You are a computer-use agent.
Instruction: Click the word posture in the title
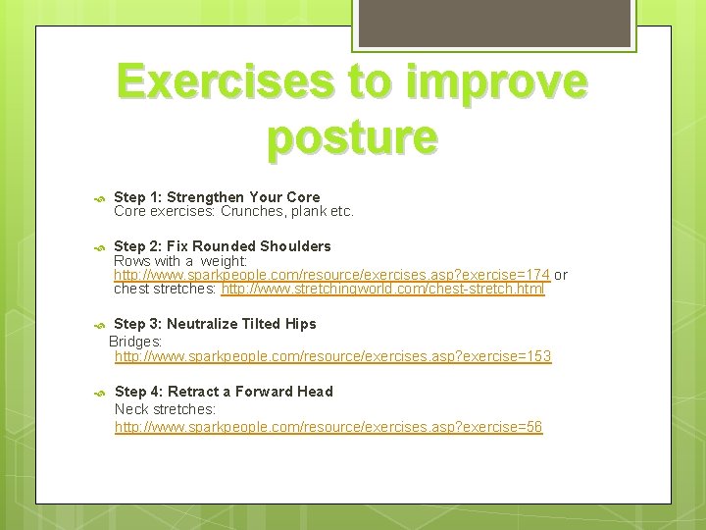click(352, 137)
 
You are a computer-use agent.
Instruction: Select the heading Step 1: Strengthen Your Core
click(217, 196)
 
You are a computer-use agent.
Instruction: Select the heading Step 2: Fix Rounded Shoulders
click(223, 245)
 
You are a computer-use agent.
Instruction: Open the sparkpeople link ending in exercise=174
click(331, 275)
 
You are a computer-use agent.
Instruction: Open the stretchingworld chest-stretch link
click(382, 290)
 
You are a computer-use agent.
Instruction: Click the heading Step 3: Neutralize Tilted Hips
click(215, 323)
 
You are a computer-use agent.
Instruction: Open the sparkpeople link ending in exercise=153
click(332, 356)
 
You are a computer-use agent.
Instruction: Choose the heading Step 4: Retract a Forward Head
click(224, 391)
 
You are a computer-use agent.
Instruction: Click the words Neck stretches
click(165, 408)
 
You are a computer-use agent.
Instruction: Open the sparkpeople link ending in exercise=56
click(328, 427)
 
